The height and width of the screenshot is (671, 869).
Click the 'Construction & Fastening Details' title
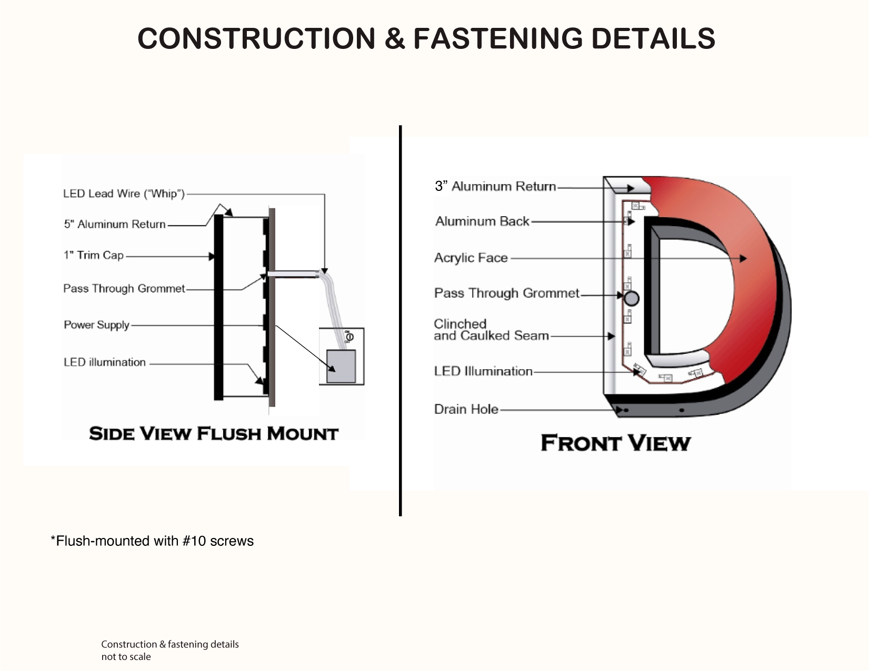point(426,38)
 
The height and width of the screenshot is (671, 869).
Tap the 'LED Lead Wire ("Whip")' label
point(124,194)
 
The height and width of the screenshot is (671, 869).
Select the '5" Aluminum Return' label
point(115,225)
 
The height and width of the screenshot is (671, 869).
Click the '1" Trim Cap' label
point(94,256)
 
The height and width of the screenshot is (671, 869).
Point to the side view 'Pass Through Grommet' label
point(124,289)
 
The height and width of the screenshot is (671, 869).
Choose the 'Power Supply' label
point(97,325)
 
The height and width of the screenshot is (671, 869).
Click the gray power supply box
point(341,366)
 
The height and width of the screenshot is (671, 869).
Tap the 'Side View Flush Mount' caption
point(214,434)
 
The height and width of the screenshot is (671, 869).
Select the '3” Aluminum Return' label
point(495,187)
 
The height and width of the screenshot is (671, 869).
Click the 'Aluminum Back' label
point(482,221)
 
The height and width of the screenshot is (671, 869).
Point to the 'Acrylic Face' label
point(471,258)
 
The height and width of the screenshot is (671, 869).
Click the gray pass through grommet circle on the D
point(631,298)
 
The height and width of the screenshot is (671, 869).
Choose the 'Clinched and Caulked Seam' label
point(491,330)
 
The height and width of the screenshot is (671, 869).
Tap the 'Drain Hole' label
point(466,409)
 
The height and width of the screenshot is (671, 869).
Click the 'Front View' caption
point(615,443)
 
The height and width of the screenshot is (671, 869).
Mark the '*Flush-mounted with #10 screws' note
point(152,541)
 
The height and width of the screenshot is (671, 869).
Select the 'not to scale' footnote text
point(126,657)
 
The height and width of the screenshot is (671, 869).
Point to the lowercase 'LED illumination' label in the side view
point(105,362)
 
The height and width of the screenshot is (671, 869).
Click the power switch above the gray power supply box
point(349,337)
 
